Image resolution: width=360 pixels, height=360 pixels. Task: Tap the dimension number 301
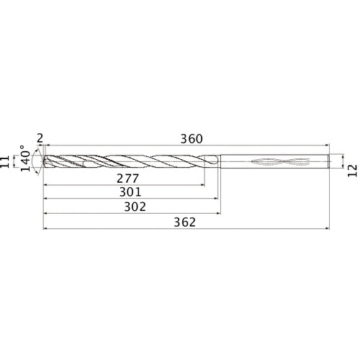coord(128,192)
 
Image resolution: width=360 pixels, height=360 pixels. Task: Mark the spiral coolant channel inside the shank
coord(276,162)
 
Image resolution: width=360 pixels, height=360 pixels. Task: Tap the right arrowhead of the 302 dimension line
coord(219,214)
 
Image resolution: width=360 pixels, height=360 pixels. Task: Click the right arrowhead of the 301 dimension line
coord(217,199)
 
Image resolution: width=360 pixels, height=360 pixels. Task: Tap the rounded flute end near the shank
coord(214,162)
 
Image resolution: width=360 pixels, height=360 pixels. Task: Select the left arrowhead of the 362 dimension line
coord(47,229)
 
